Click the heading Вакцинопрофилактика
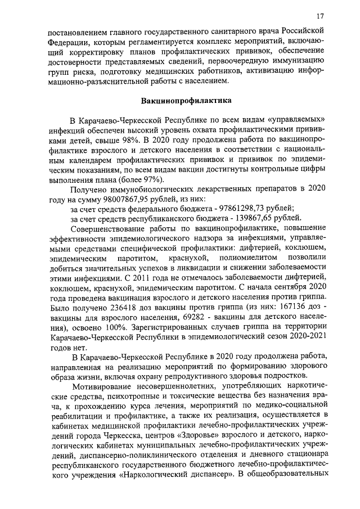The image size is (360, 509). [x=180, y=101]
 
